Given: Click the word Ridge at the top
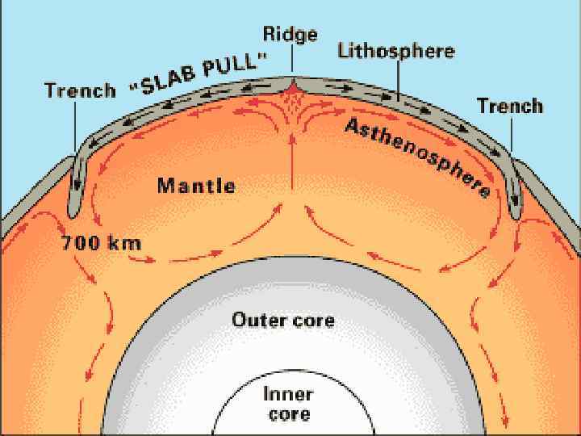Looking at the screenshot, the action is (x=290, y=34).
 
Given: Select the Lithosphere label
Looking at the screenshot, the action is (x=395, y=52).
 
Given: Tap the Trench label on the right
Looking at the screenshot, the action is (x=510, y=106).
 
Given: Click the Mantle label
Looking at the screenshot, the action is (x=196, y=186).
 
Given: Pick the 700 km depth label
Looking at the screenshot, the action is (x=102, y=241).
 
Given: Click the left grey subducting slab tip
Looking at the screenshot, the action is (x=74, y=208).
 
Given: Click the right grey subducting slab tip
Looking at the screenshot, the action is (x=516, y=212).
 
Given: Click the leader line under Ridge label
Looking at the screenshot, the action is (x=290, y=60).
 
